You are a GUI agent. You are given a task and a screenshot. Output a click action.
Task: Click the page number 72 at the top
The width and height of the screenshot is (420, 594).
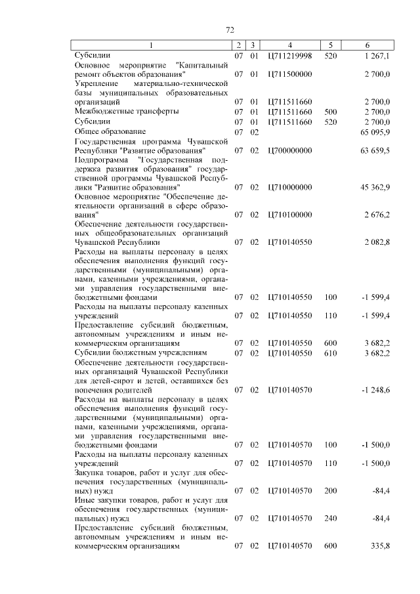(x=230, y=30)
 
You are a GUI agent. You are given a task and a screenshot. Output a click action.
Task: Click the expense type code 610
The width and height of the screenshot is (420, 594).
(x=330, y=353)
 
